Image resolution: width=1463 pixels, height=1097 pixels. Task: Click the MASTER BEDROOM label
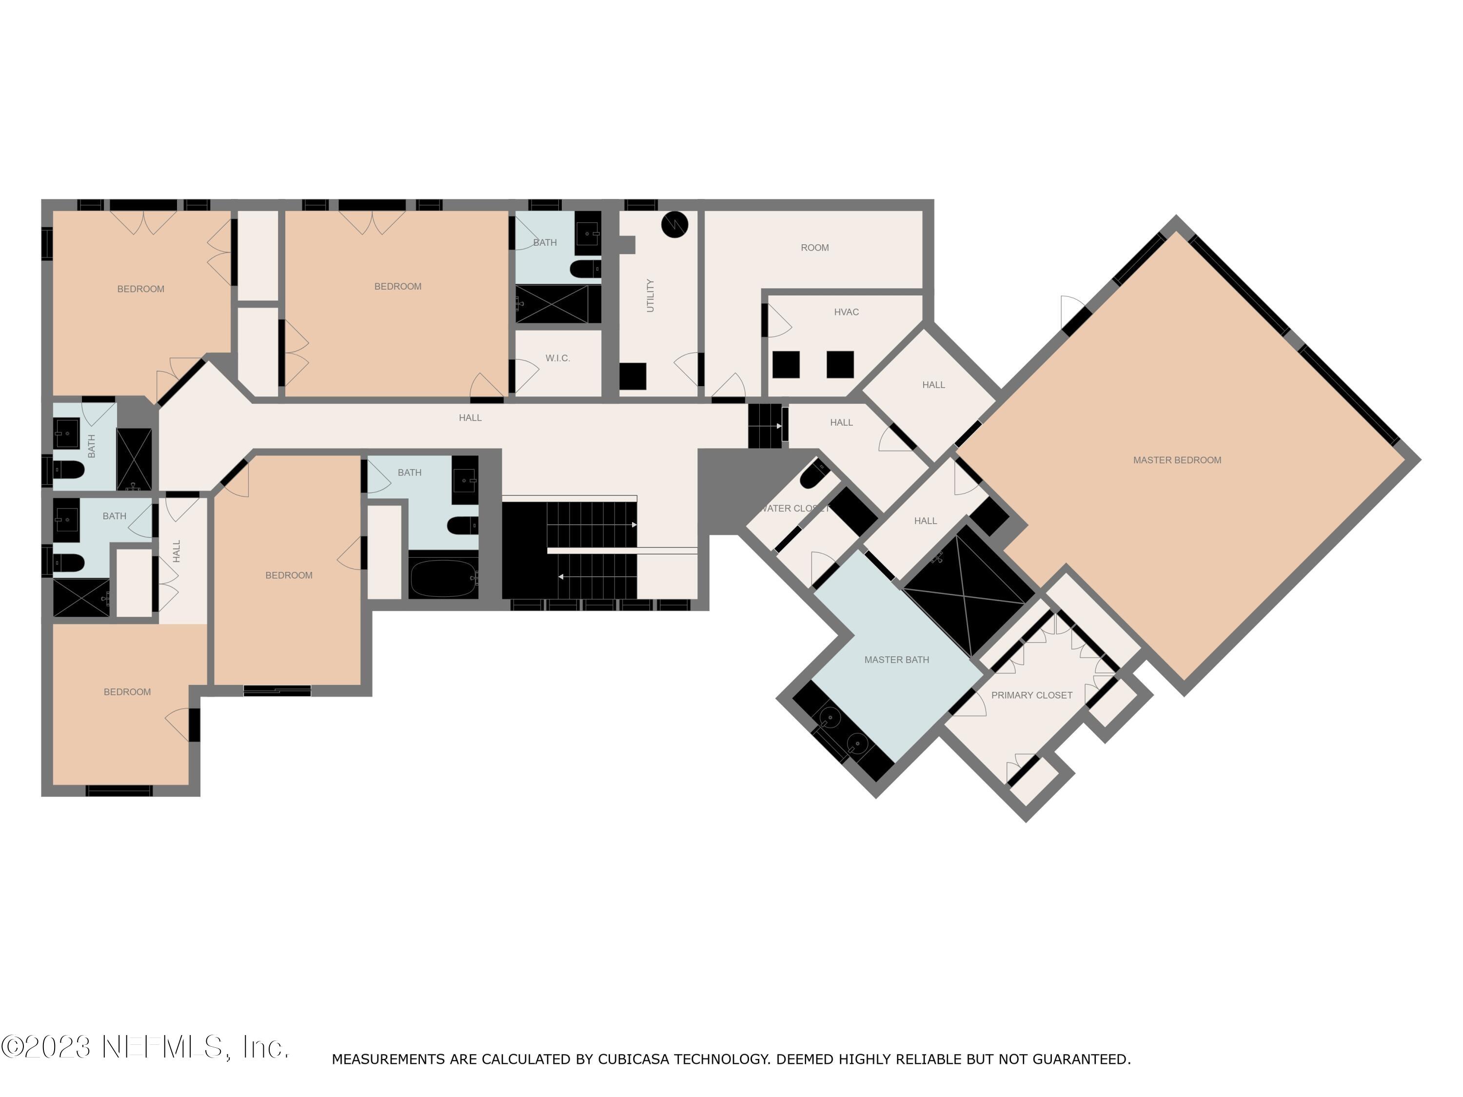[x=1177, y=460]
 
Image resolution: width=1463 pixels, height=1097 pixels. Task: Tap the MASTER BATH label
[x=896, y=660]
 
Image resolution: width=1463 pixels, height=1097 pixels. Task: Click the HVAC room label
[x=846, y=312]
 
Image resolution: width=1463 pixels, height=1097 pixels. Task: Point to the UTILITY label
[x=650, y=295]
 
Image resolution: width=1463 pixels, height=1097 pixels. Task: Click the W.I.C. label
[x=557, y=358]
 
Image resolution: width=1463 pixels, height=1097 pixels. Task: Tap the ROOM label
[x=814, y=248]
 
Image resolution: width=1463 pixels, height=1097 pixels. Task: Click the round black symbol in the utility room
[x=674, y=225]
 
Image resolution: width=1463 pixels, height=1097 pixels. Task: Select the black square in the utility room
[x=633, y=376]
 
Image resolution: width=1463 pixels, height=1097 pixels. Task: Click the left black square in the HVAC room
[x=786, y=364]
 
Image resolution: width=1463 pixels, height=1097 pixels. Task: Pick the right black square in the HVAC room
[x=840, y=364]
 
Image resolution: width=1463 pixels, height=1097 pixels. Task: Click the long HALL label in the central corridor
[x=470, y=418]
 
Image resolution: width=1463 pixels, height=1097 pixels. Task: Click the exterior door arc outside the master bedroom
[x=1071, y=311]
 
